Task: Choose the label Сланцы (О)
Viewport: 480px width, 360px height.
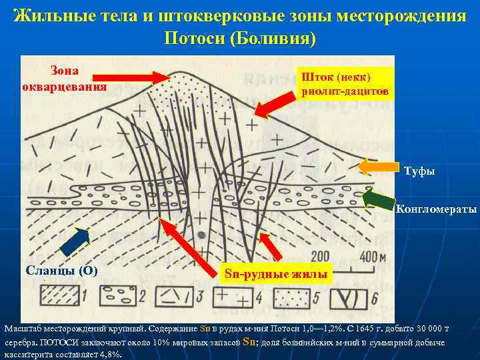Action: click(x=61, y=270)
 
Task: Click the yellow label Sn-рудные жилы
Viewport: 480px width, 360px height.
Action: click(x=275, y=273)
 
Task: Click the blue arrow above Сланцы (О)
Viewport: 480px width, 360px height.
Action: click(x=75, y=242)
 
